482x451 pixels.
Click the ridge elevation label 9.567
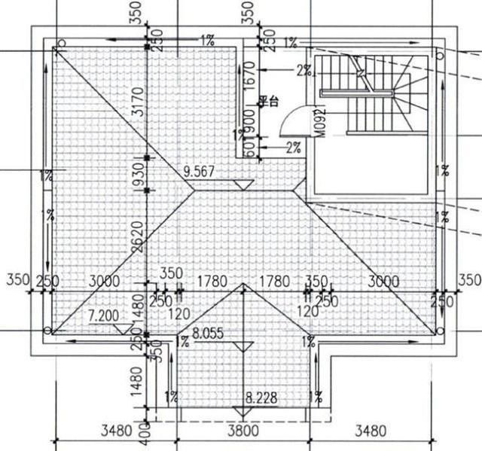pos(200,172)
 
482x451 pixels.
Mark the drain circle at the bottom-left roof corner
pos(48,331)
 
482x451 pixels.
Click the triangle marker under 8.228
pos(241,411)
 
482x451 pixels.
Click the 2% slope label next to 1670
pos(304,71)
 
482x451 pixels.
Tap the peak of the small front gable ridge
pos(242,285)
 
